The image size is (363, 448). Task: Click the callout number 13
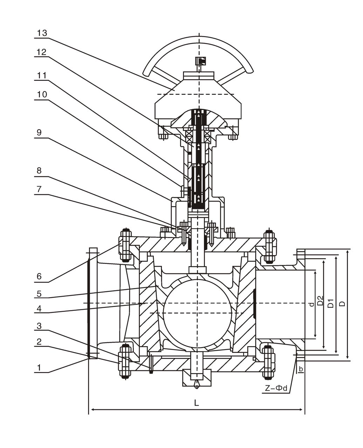pyautogui.click(x=42, y=33)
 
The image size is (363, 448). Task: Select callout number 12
pyautogui.click(x=42, y=52)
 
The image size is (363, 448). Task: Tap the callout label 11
pyautogui.click(x=42, y=76)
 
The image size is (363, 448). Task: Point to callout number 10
pyautogui.click(x=42, y=95)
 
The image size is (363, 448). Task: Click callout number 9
pyautogui.click(x=39, y=133)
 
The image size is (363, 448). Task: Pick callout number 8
pyautogui.click(x=39, y=170)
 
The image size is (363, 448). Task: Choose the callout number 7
pyautogui.click(x=39, y=189)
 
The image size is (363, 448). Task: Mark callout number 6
pyautogui.click(x=39, y=276)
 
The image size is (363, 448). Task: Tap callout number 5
pyautogui.click(x=39, y=293)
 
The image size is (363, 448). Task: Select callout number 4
pyautogui.click(x=39, y=309)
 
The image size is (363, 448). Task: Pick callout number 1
pyautogui.click(x=39, y=367)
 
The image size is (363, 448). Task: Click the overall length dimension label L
pyautogui.click(x=197, y=403)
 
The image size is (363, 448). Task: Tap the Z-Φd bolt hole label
pyautogui.click(x=276, y=388)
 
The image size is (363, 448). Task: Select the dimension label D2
pyautogui.click(x=320, y=301)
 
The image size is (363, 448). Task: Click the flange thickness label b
pyautogui.click(x=301, y=369)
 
